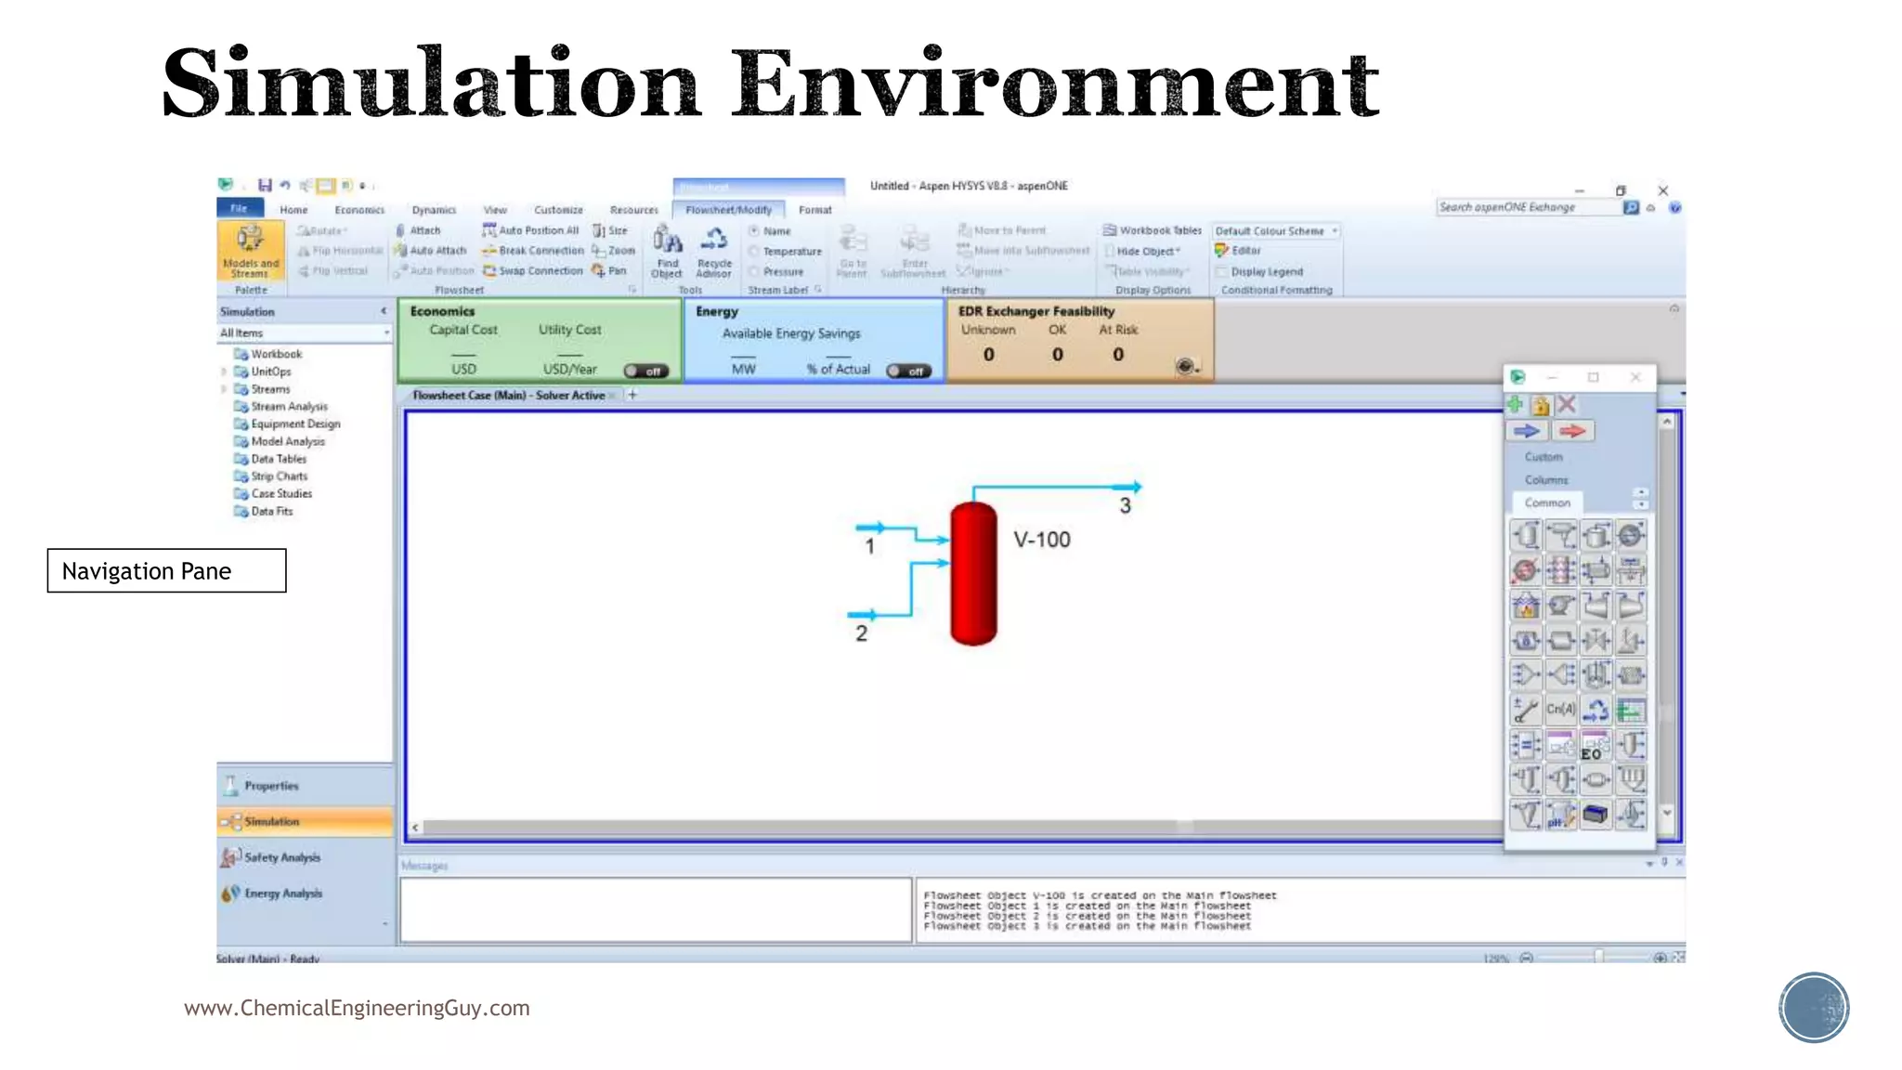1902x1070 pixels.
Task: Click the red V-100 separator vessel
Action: (973, 574)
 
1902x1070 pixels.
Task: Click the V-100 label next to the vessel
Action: (1041, 540)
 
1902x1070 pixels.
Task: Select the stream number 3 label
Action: (1125, 506)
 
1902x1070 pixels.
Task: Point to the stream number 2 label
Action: (861, 633)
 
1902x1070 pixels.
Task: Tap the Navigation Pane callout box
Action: (166, 570)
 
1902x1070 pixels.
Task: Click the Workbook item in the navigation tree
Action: (276, 354)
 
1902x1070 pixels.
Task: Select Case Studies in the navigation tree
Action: (281, 494)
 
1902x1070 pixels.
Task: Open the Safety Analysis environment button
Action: (281, 857)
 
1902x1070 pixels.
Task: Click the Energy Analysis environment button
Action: (282, 894)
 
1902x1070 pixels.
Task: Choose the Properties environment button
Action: (271, 786)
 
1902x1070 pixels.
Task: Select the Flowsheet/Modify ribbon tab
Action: (728, 210)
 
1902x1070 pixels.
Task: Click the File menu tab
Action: (240, 208)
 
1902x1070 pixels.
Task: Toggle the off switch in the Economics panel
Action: (645, 371)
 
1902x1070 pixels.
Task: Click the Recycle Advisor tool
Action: (713, 252)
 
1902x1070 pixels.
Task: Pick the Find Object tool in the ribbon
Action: (667, 252)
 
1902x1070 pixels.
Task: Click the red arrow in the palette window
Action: (1571, 431)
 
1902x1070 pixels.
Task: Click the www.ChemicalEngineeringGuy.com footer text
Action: (357, 1008)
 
